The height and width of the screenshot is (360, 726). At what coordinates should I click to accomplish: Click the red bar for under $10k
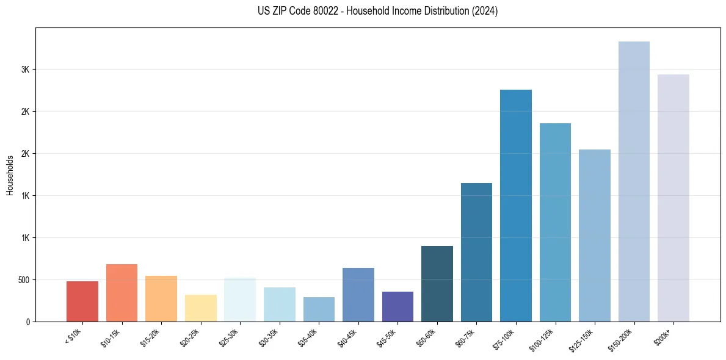[82, 301]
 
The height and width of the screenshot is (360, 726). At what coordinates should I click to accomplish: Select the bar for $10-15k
[122, 293]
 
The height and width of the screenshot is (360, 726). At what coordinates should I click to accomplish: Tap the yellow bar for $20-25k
[200, 308]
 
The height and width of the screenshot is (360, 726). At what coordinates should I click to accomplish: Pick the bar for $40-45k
[358, 295]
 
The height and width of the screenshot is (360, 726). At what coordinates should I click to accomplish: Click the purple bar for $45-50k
[397, 306]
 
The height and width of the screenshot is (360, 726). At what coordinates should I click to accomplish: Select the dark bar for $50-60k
[437, 284]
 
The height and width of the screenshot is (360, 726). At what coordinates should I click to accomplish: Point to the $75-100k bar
[515, 206]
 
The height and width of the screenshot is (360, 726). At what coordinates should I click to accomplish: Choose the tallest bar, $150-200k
[634, 181]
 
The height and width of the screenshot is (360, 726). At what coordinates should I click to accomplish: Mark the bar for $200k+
[673, 198]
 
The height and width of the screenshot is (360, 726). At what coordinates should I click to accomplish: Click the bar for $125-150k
[594, 236]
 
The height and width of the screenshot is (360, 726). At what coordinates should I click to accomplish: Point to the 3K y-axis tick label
[25, 70]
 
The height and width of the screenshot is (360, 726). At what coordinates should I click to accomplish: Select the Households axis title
[10, 175]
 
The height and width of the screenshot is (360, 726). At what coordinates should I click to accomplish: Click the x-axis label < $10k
[73, 336]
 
